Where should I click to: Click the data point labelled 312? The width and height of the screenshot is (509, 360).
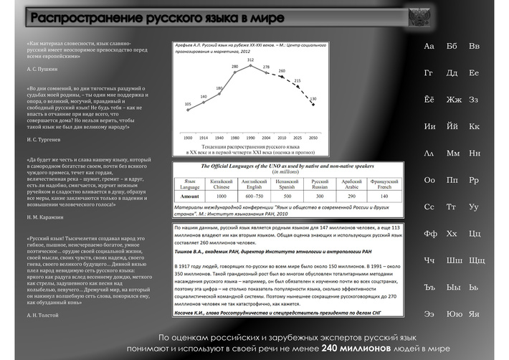(x=251, y=68)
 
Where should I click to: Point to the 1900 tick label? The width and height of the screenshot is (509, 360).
(x=188, y=136)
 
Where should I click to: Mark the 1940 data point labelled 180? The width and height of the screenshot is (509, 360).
(x=219, y=94)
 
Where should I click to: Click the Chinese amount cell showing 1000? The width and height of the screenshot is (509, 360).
(x=222, y=196)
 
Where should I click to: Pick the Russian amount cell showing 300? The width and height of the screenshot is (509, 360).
(x=320, y=196)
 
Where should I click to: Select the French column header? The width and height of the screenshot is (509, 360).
(x=384, y=183)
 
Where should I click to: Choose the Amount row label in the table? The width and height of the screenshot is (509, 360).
(x=190, y=196)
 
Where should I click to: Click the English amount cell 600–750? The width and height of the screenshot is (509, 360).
(x=255, y=196)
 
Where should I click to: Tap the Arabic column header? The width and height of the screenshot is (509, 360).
(x=351, y=183)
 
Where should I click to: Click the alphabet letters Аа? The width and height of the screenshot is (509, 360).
(x=429, y=47)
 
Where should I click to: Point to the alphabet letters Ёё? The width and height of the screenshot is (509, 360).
(x=429, y=100)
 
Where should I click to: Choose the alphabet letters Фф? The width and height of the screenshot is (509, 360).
(x=430, y=234)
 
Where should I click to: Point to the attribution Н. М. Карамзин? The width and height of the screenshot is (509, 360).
(x=45, y=217)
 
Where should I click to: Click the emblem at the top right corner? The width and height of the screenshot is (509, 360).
(x=419, y=16)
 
